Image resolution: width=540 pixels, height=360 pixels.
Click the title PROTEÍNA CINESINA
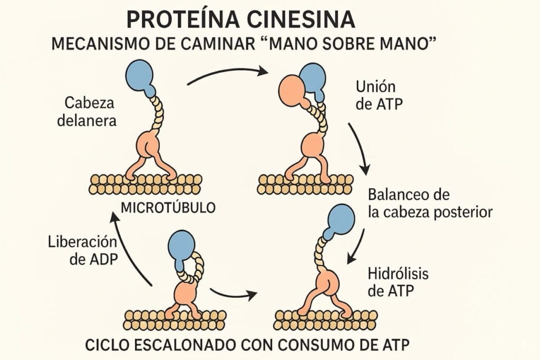coord(240,20)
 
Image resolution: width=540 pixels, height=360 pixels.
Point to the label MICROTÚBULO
coord(168,207)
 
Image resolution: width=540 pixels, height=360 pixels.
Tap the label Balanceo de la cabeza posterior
coord(430,203)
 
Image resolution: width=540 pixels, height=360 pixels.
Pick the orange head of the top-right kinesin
coord(292,90)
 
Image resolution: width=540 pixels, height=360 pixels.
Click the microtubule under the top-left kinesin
coord(145,183)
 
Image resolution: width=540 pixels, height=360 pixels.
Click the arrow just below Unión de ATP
coord(358,148)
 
